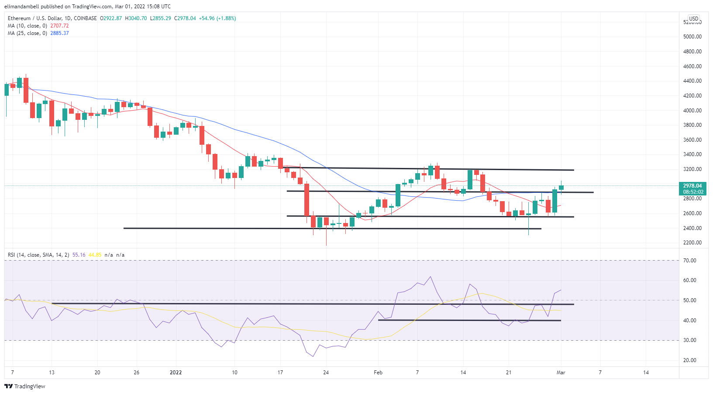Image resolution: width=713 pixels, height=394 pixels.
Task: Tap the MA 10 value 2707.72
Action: pos(59,26)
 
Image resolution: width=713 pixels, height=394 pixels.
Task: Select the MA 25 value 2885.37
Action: pos(59,33)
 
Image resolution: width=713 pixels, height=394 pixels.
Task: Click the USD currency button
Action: pos(693,19)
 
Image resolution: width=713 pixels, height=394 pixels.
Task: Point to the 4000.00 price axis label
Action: pos(692,110)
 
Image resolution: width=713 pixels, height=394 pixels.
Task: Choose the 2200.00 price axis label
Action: pos(692,243)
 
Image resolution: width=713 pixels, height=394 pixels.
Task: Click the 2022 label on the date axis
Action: pos(176,373)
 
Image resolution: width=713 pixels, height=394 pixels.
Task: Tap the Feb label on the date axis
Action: pos(378,373)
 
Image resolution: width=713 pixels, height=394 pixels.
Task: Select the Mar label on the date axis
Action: pos(561,373)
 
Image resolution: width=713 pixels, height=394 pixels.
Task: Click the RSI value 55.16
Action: pos(79,255)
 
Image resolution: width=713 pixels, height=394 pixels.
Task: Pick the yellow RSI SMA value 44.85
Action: pos(95,255)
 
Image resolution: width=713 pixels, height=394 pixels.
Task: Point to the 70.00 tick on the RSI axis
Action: pos(689,261)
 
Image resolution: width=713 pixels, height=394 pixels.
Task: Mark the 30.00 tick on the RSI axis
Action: pos(689,340)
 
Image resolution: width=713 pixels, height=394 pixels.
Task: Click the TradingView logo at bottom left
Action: pos(25,386)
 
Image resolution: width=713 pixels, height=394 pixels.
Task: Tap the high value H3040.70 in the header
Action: pos(136,18)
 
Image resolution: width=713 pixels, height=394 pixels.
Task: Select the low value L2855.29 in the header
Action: pos(160,18)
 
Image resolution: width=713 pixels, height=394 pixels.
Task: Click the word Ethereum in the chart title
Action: pos(19,18)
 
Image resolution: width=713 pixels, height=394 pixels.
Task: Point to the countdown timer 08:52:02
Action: pos(693,192)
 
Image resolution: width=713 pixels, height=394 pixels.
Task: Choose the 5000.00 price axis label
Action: pos(692,37)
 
